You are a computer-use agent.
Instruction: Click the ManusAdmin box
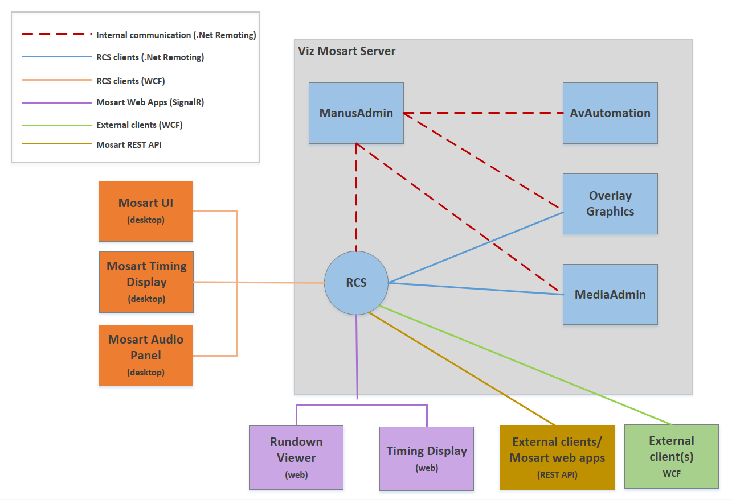point(356,113)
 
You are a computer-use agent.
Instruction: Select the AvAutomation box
point(610,113)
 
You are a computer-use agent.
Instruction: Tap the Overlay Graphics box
point(610,204)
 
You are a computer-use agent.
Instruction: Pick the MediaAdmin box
point(610,294)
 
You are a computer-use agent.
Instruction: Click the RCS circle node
point(356,283)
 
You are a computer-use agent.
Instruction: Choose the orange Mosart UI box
point(146,211)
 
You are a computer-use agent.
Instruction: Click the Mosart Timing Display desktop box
point(146,282)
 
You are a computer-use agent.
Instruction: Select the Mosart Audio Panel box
point(146,356)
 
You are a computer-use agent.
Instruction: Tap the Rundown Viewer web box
point(296,457)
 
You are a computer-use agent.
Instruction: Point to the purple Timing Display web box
point(427,458)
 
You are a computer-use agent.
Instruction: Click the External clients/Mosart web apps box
point(557,457)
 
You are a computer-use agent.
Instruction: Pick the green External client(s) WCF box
point(672,456)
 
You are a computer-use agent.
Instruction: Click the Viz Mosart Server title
point(347,51)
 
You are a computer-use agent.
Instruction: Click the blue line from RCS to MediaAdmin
point(476,288)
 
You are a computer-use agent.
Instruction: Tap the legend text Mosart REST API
point(129,145)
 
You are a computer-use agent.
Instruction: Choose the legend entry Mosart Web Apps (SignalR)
point(150,102)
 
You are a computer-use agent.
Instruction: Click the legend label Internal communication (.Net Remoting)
point(176,35)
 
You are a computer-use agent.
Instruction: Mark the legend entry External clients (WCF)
point(139,125)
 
